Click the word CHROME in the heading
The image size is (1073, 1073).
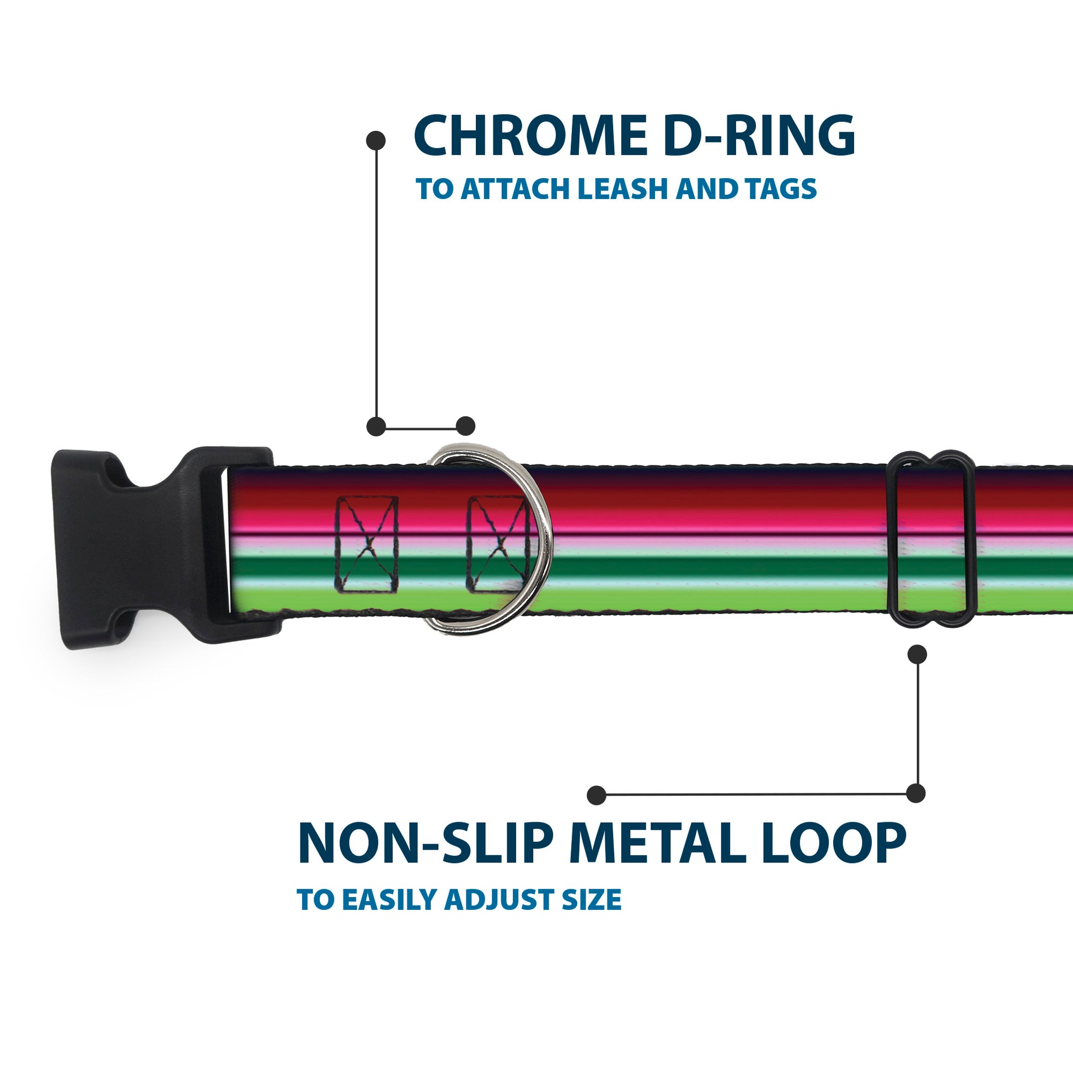click(x=530, y=136)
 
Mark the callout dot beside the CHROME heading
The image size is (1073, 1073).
click(x=376, y=141)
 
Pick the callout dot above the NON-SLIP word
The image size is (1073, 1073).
click(x=597, y=795)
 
